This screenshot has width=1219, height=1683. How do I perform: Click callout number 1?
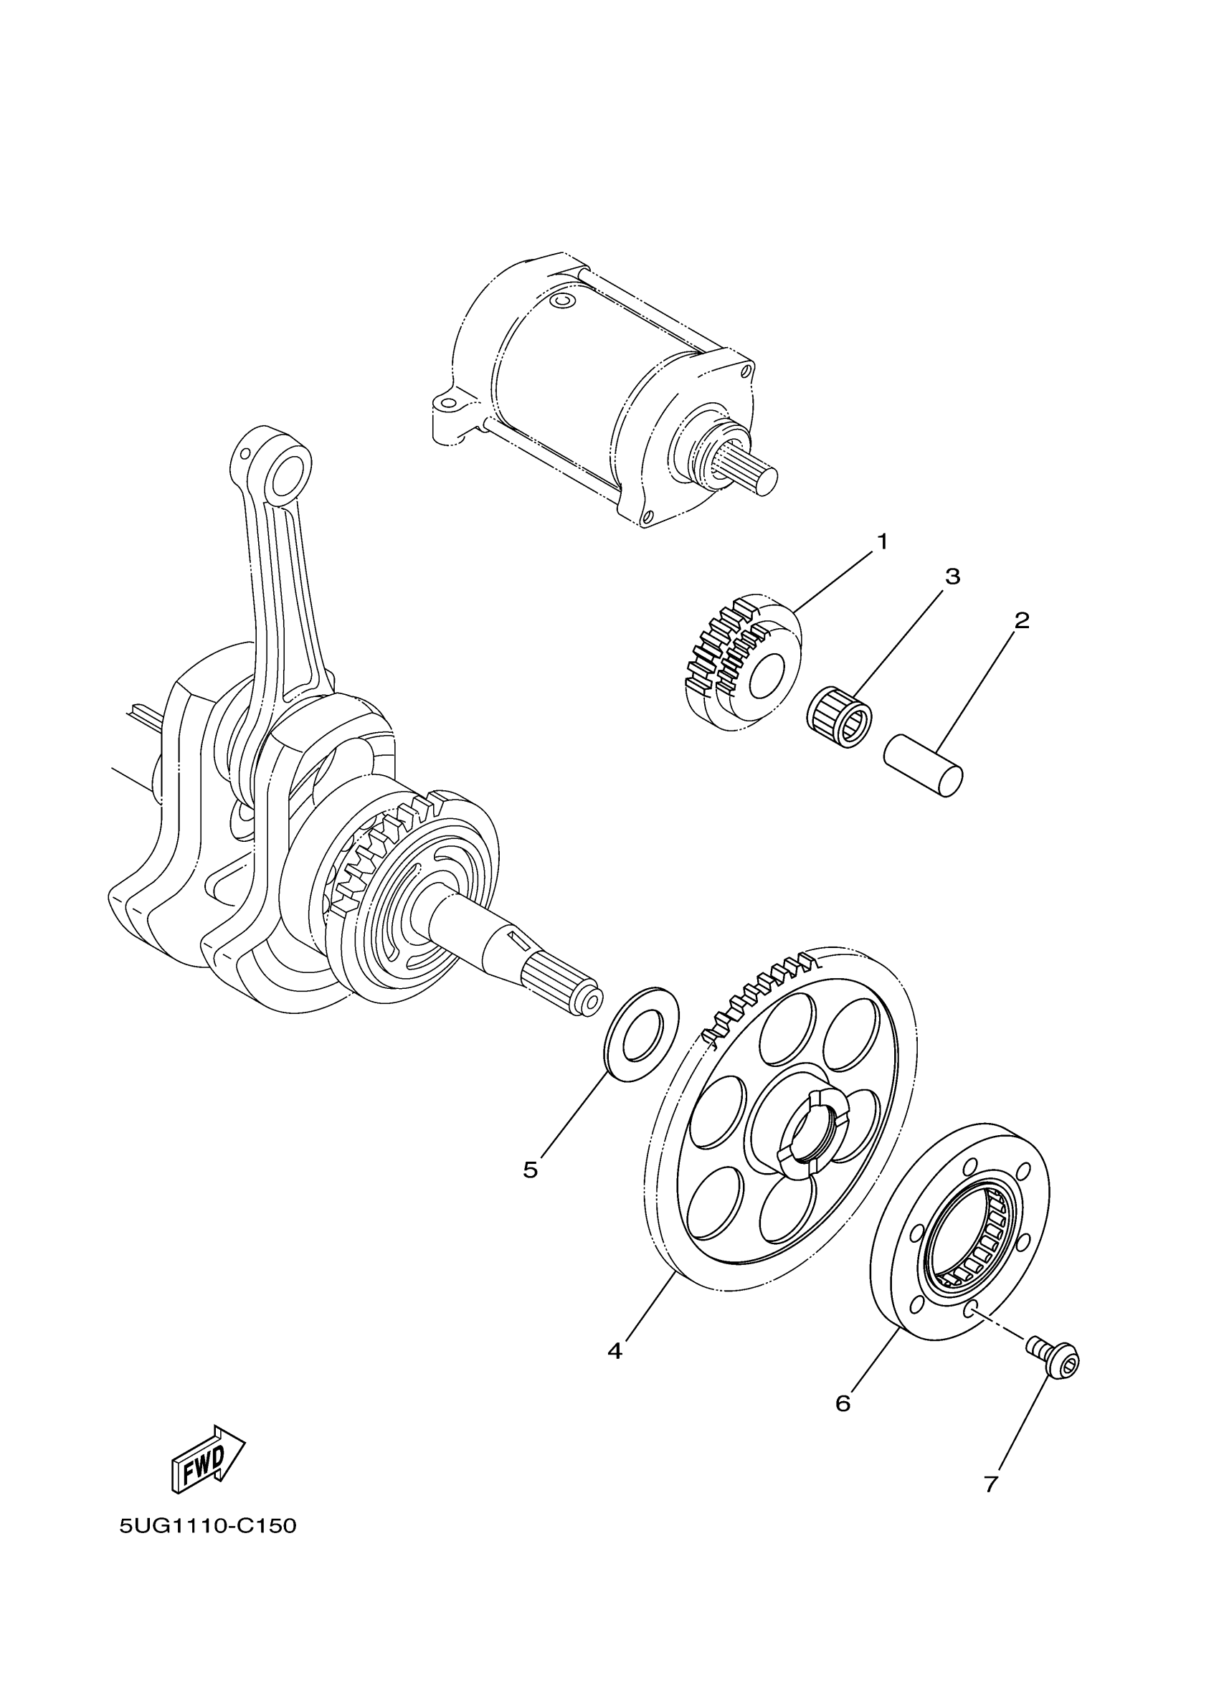tap(882, 542)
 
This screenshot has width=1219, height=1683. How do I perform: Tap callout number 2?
tap(1022, 620)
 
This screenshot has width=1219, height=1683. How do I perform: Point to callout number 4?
tap(615, 1350)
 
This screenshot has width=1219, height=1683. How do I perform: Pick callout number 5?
tap(530, 1170)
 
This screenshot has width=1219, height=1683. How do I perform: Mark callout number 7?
tap(990, 1484)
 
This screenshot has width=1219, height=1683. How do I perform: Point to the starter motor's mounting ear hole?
tap(447, 405)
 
